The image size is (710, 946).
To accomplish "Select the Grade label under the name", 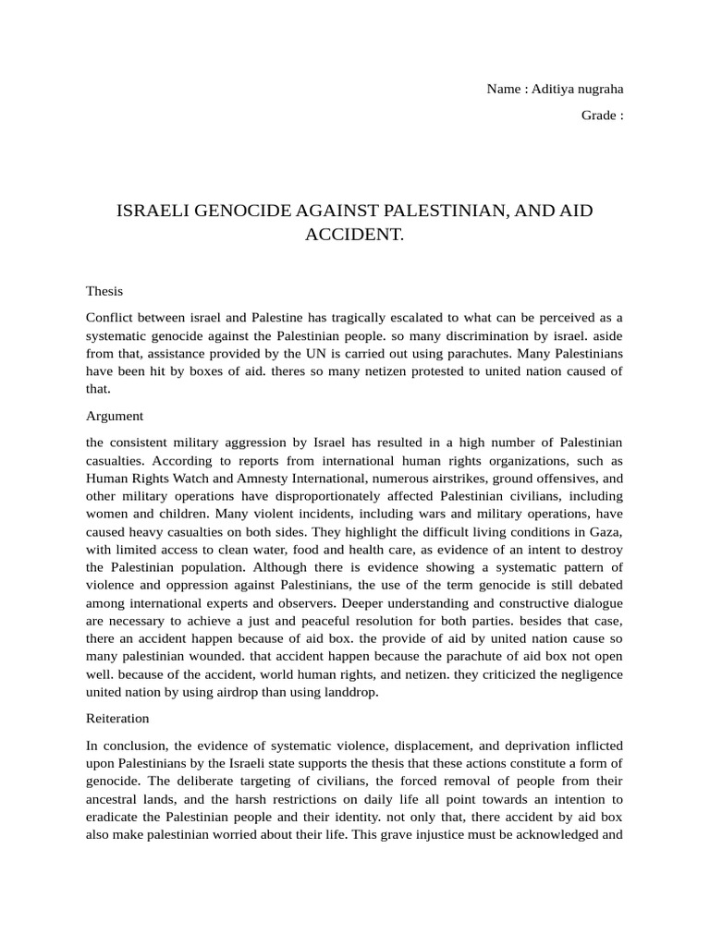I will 598,115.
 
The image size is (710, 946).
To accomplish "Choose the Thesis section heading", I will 104,290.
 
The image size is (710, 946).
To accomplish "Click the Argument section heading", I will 115,416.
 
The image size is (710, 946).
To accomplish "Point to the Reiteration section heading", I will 117,717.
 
